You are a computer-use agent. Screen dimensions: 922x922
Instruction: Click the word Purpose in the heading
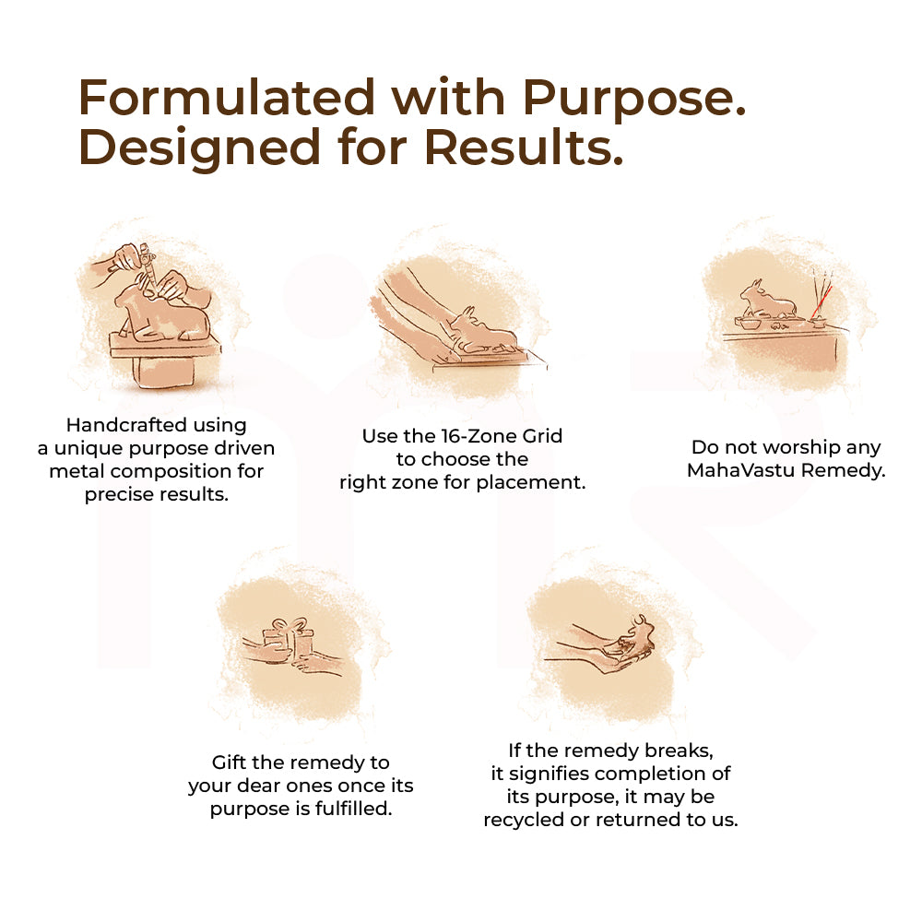(634, 99)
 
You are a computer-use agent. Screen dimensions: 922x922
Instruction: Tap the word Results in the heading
(524, 147)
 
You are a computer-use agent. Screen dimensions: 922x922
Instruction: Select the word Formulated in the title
(227, 97)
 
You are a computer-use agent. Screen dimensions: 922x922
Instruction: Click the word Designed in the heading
(199, 148)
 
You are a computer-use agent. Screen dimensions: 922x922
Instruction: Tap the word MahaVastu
(741, 470)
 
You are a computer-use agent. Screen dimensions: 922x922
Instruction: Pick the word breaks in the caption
(680, 751)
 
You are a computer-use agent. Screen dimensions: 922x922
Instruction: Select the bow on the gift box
(289, 625)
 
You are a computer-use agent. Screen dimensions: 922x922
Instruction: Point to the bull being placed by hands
(482, 332)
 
